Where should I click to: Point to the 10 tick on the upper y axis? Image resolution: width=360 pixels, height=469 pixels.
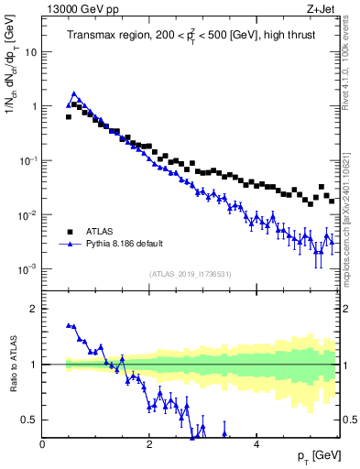[30, 52]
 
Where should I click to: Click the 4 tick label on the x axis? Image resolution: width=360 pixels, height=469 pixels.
[256, 445]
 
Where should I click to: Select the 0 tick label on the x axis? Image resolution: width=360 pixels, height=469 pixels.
[43, 445]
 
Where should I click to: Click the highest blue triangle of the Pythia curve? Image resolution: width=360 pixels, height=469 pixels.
[74, 93]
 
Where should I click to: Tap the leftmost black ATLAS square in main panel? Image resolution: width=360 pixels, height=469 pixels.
[69, 117]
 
